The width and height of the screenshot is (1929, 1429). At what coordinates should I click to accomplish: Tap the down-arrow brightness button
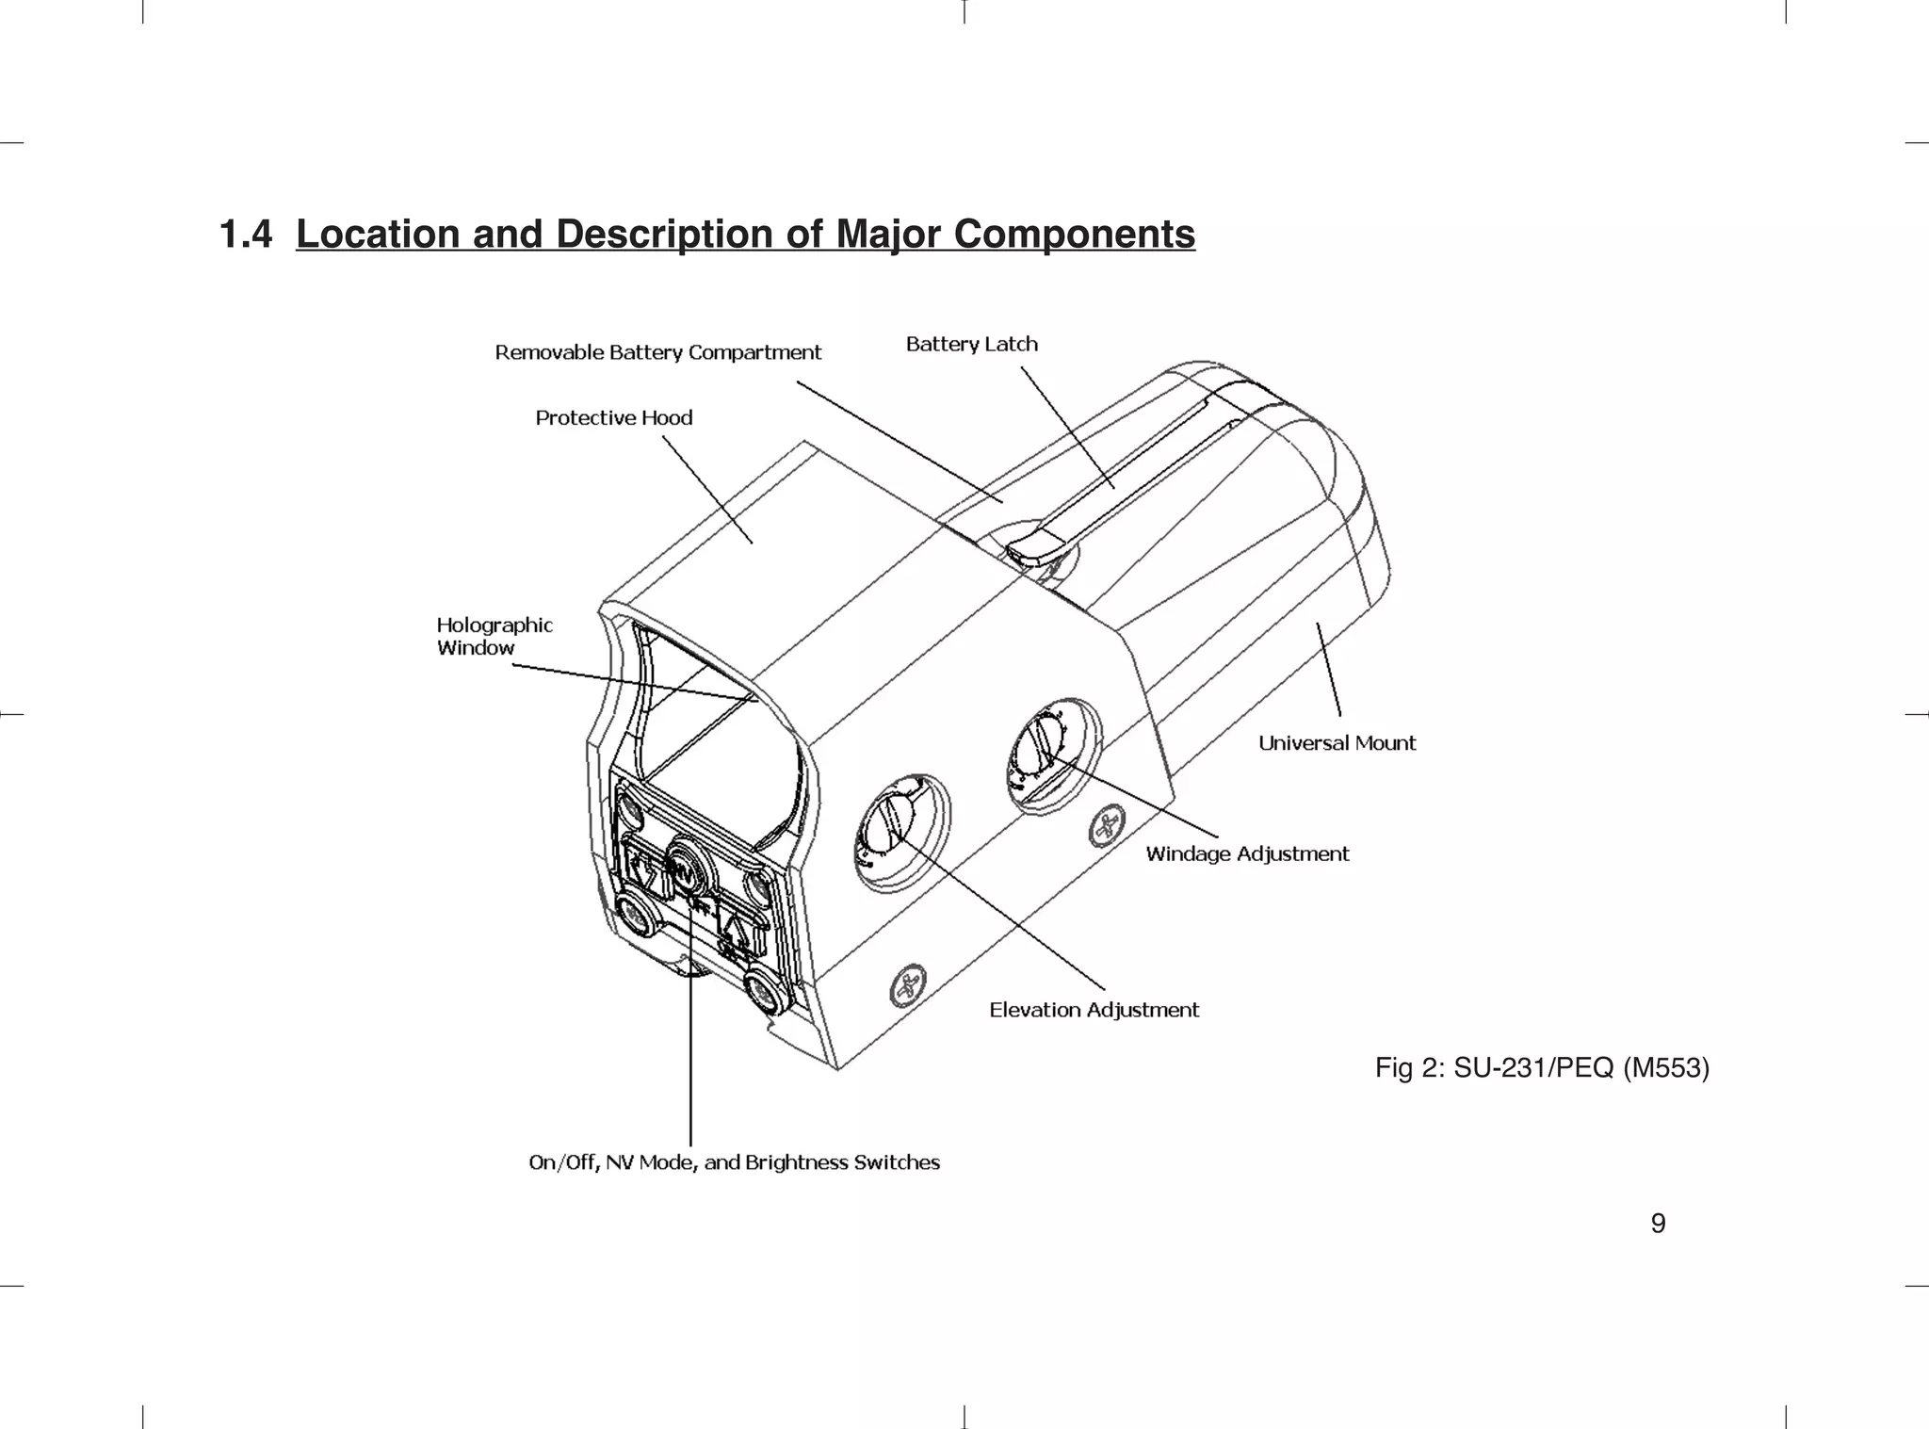(x=647, y=869)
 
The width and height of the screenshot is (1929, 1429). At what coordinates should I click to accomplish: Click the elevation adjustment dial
(x=895, y=826)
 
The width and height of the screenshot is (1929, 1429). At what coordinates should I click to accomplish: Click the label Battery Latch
(x=971, y=344)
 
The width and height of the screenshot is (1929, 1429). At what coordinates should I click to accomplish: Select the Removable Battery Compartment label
(x=657, y=352)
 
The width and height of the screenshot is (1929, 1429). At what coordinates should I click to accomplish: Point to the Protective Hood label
(x=613, y=417)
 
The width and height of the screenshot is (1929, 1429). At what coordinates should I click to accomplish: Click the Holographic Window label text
(x=494, y=636)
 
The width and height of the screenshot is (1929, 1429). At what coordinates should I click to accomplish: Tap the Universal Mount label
(x=1337, y=743)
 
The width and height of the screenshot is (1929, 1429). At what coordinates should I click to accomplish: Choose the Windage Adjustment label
(x=1247, y=854)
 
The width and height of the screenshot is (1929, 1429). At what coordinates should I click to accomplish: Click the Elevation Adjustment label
(x=1094, y=1010)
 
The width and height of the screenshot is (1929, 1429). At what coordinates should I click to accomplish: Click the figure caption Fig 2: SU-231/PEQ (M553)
(x=1542, y=1068)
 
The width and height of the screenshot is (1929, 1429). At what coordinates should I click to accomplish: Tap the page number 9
(x=1658, y=1224)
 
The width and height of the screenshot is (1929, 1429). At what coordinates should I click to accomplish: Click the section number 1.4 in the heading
(x=245, y=234)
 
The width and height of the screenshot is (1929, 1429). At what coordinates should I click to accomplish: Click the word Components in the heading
(x=1074, y=234)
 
